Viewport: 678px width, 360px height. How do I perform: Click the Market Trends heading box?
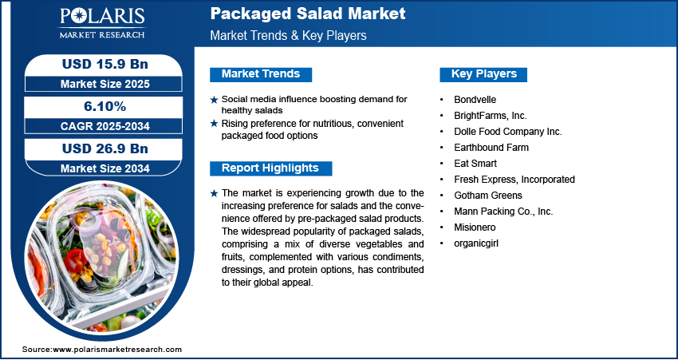pos(261,74)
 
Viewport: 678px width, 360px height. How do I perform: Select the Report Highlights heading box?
pos(270,168)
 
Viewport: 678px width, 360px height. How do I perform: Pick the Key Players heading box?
pos(483,74)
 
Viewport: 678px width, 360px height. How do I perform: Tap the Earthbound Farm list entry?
pos(491,148)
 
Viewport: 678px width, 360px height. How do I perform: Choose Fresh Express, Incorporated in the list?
pos(514,180)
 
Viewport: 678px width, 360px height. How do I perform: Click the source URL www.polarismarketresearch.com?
pos(117,350)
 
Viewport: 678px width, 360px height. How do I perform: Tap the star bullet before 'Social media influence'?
pos(214,100)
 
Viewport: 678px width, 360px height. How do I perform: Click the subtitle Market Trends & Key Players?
pos(288,36)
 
